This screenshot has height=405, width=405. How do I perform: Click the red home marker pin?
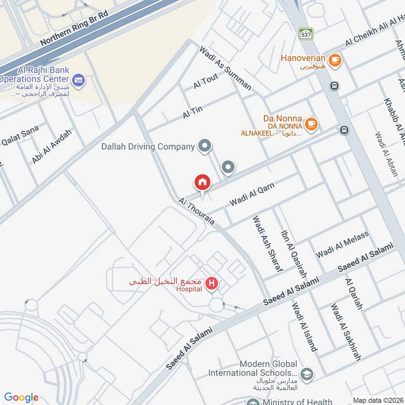202,182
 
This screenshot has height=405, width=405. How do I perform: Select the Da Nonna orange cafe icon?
311,123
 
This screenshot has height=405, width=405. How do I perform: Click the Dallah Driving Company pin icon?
205,146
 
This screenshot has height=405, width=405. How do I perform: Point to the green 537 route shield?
306,34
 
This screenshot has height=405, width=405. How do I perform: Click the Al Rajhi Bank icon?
78,79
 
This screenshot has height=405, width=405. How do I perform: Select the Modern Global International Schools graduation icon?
306,375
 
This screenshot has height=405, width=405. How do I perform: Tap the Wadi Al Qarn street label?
252,194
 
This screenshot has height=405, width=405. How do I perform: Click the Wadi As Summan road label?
225,68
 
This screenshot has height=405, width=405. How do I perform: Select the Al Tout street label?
205,82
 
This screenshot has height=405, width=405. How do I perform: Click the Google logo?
21,397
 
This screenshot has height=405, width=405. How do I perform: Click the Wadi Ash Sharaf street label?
267,244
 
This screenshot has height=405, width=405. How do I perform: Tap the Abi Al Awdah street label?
52,146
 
